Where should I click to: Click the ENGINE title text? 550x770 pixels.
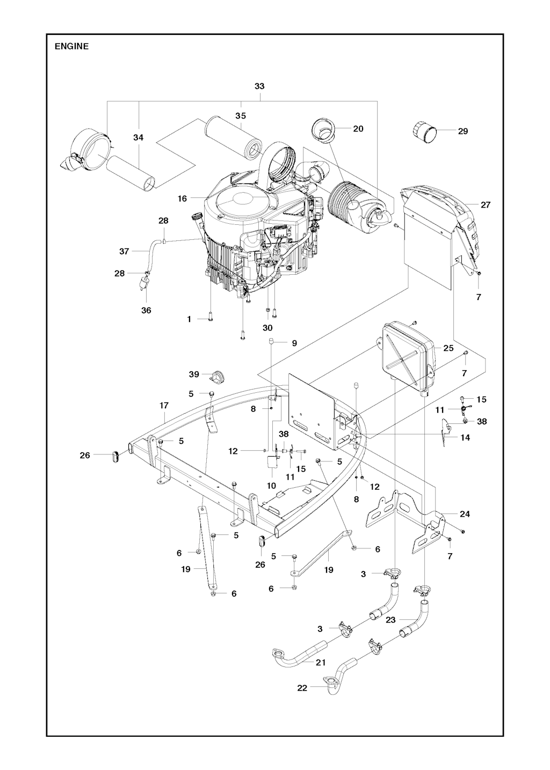coord(71,46)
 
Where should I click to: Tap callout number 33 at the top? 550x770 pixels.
coord(259,86)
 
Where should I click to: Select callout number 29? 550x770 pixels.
coord(463,131)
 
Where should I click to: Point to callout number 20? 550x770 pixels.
coord(358,129)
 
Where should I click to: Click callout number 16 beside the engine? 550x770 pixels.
coord(182,199)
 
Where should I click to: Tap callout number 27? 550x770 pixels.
coord(486,205)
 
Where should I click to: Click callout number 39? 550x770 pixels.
coord(194,374)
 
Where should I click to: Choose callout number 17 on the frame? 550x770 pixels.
coord(164,406)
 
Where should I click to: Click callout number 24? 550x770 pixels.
coord(465,524)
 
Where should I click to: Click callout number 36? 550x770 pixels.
coord(146,310)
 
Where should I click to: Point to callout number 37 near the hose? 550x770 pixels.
coord(124,251)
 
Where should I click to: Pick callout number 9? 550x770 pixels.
coord(294,343)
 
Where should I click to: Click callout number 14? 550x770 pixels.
coord(465,438)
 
